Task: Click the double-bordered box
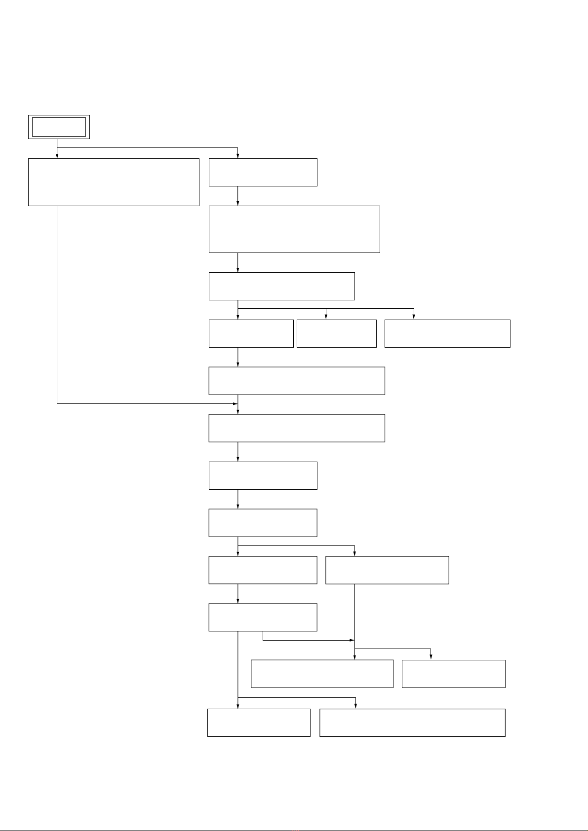[59, 127]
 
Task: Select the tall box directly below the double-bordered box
[114, 182]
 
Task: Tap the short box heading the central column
[263, 172]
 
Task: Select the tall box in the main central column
[294, 229]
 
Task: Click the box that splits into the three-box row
[281, 286]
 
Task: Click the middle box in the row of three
[336, 333]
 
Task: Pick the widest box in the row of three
[447, 333]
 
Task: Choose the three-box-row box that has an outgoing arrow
[251, 333]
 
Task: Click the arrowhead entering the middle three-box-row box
[326, 317]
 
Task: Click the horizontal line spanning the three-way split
[326, 309]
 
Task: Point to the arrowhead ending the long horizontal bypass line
[235, 403]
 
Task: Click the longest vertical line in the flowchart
[57, 304]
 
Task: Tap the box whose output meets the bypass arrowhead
[296, 381]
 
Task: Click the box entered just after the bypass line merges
[296, 428]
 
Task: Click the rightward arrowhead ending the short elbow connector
[352, 640]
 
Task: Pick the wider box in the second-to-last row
[322, 674]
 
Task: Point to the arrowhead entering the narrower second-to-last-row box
[431, 657]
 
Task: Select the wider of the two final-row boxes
[412, 723]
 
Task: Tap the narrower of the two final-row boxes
[259, 723]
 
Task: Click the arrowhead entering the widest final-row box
[355, 706]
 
